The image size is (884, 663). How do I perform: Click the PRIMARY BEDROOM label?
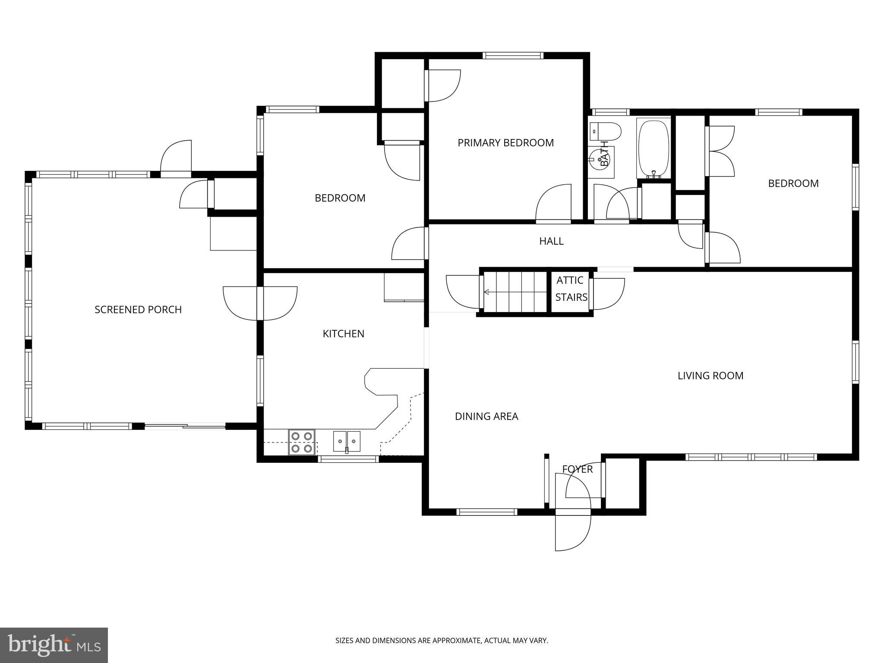coord(505,143)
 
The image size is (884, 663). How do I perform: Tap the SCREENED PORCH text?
coord(138,309)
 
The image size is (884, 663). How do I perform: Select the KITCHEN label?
coord(344,334)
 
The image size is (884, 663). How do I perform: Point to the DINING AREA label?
coord(486,416)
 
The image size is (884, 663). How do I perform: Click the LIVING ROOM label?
coord(710,376)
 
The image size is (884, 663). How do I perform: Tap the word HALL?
coord(551,241)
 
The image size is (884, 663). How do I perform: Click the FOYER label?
coord(577,469)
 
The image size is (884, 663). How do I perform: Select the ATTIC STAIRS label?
coord(571,289)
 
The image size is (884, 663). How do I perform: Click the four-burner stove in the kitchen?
coord(301,442)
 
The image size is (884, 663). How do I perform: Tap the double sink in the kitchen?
coord(347,441)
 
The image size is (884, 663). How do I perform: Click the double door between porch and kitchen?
coord(260,303)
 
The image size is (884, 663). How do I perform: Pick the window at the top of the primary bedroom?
coord(512,55)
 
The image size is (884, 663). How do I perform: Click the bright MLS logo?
coord(54,645)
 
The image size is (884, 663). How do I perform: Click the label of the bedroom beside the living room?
coord(793,183)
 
